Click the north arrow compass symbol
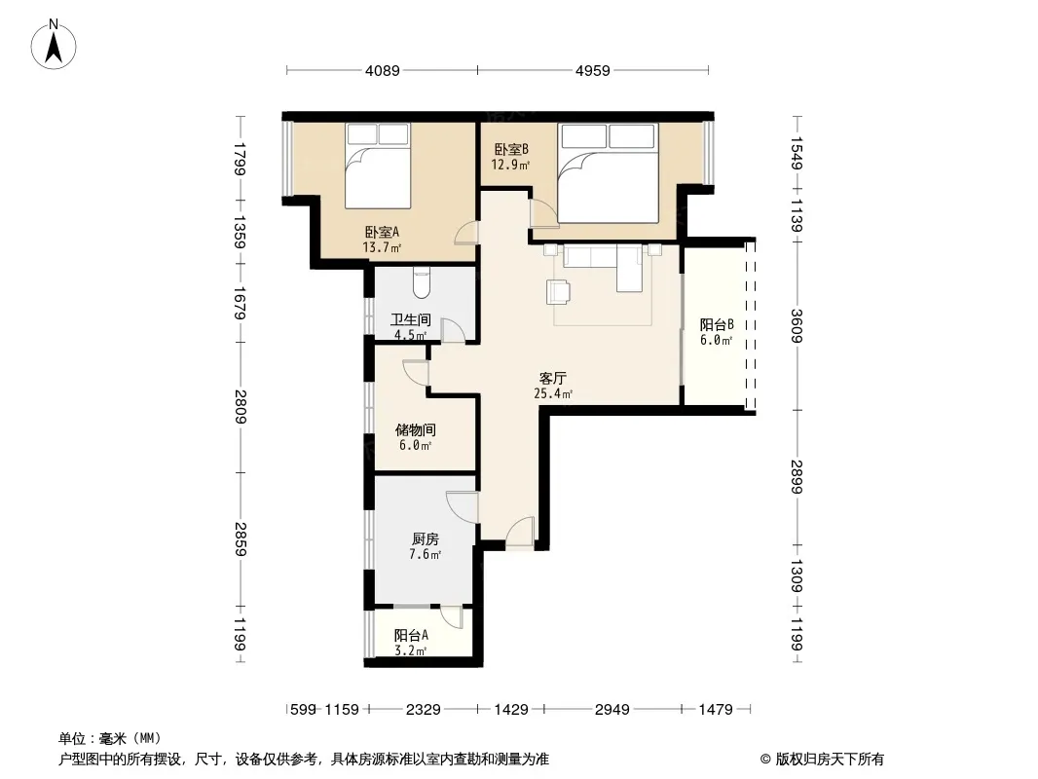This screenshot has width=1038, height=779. (54, 45)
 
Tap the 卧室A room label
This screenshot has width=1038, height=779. (382, 233)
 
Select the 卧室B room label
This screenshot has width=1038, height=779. (511, 150)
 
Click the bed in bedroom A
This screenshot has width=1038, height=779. (378, 166)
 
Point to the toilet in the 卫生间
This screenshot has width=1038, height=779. (421, 282)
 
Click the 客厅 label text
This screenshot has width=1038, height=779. (553, 379)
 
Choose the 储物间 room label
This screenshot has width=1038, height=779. (416, 430)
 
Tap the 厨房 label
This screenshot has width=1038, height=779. (425, 539)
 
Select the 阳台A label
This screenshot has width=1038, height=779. (411, 636)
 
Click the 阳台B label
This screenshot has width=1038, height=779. (717, 325)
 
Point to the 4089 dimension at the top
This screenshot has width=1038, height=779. (383, 70)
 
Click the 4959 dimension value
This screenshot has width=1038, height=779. (592, 70)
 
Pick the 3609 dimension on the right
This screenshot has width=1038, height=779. (797, 326)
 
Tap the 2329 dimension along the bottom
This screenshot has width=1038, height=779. (423, 710)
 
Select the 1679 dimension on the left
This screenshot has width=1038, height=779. (240, 303)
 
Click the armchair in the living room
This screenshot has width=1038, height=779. (559, 291)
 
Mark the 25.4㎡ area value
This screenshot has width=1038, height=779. (553, 393)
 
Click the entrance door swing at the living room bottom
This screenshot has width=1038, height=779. (520, 532)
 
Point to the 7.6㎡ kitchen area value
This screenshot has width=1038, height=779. (425, 555)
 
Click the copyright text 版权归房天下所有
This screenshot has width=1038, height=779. (830, 760)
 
